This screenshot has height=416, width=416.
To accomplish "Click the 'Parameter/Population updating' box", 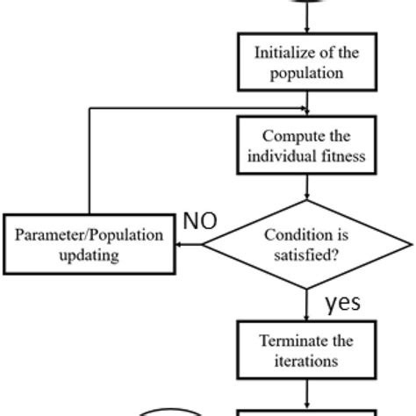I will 90,243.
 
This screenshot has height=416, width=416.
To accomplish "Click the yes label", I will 342,303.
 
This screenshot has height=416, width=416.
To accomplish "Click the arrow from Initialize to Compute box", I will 307,102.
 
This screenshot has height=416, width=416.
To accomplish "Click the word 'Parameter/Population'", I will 90,234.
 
